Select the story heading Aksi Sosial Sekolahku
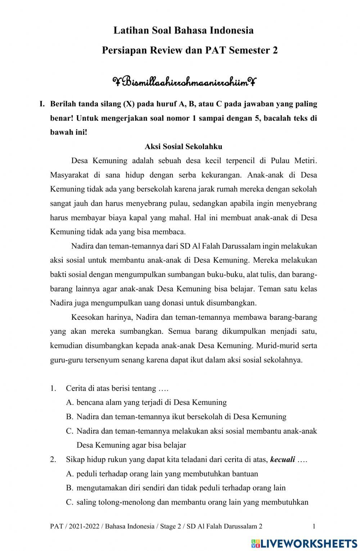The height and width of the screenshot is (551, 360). coord(183,147)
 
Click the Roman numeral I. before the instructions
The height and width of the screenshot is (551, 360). coord(42,104)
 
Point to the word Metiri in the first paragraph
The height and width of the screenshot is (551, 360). coord(306,161)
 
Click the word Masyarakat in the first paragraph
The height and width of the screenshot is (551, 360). coord(68,175)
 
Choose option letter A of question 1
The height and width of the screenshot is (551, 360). coord(70,402)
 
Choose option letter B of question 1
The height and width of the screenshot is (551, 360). coord(70,417)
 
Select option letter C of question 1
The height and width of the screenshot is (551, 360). coord(70,431)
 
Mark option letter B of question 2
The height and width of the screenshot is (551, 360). coord(70,488)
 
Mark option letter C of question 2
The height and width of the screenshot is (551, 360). coord(70,502)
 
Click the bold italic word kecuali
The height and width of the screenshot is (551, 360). coord(283,460)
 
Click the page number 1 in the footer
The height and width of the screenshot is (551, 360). coord(314,526)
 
